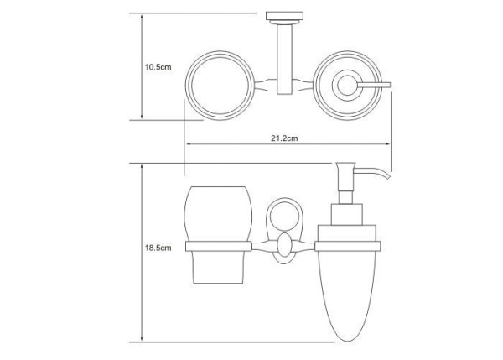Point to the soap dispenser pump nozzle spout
pyautogui.click(x=382, y=175)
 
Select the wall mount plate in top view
pyautogui.click(x=279, y=16)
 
